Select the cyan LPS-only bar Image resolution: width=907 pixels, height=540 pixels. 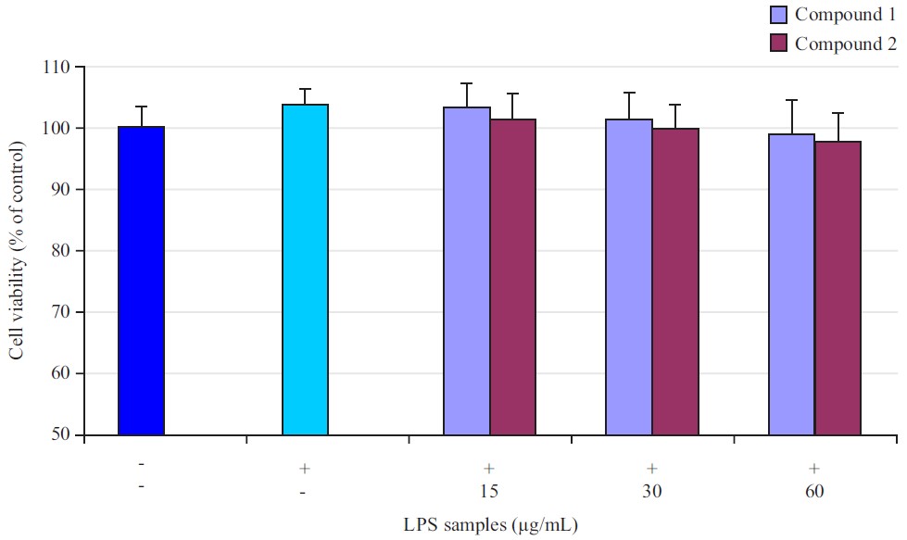[x=305, y=270]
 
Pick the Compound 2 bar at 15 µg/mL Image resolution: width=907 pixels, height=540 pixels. [x=513, y=277]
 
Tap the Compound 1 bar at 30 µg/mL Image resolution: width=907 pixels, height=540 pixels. [x=629, y=277]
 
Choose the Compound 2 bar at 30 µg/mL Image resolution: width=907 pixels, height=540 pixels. [x=675, y=282]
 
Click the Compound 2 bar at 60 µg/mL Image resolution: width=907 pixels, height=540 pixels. [x=838, y=288]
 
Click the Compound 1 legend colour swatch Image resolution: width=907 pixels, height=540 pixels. [x=778, y=15]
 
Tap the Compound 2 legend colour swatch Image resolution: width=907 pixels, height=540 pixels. [x=778, y=44]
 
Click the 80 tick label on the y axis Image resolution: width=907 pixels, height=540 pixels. [x=61, y=251]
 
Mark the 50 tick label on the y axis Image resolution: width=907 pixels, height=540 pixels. [x=61, y=434]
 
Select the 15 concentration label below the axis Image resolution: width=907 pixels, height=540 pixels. [x=489, y=490]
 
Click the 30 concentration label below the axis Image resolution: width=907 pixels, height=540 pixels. [x=652, y=490]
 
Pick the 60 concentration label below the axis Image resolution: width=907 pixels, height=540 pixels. [x=814, y=490]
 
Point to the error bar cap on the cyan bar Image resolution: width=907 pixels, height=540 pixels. [x=305, y=89]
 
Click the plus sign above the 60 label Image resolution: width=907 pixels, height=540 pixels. [x=814, y=467]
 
